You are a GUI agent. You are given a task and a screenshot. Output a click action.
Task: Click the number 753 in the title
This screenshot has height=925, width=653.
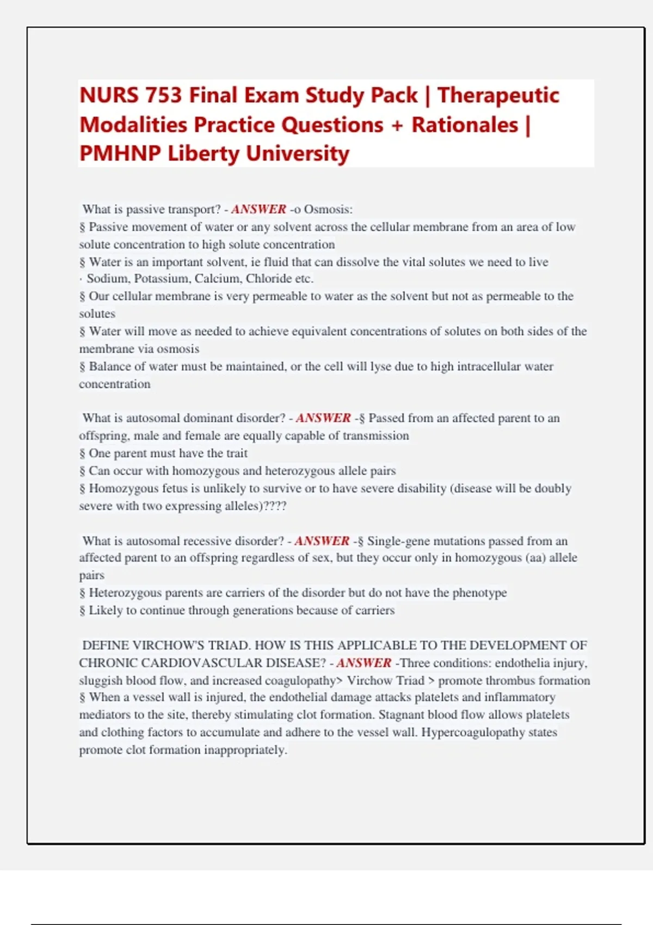[163, 95]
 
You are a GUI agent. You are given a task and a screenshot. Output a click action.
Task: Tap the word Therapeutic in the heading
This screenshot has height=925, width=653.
[498, 95]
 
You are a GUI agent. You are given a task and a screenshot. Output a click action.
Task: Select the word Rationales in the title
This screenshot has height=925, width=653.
[465, 125]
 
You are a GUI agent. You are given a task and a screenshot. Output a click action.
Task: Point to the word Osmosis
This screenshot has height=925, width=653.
[328, 209]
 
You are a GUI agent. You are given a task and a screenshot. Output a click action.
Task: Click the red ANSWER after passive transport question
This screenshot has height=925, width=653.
[258, 209]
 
